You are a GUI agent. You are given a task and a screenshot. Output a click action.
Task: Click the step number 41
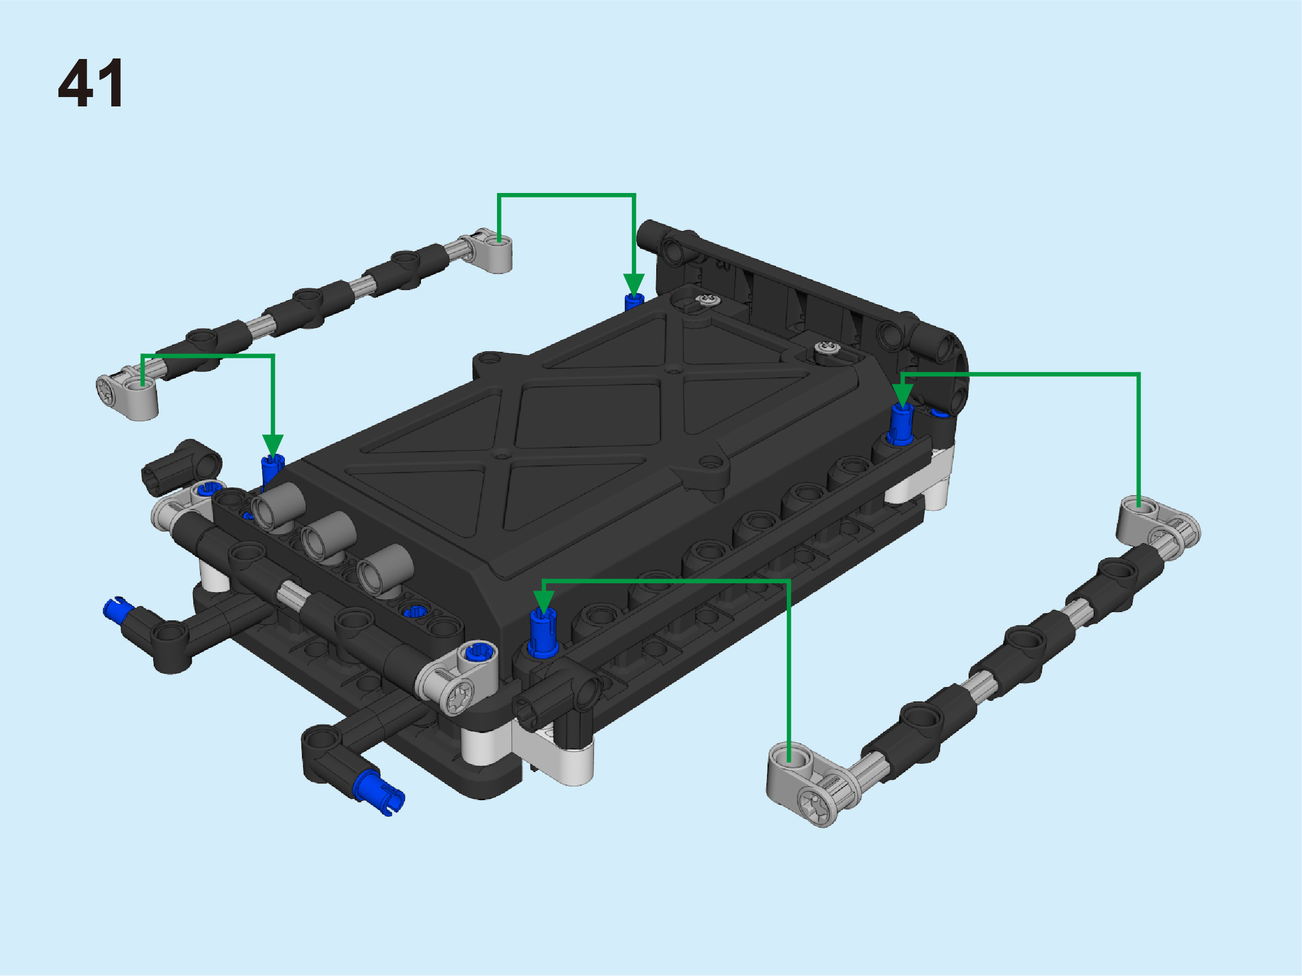coord(91,83)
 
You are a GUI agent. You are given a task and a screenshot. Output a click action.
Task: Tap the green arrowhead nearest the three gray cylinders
coord(273,446)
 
